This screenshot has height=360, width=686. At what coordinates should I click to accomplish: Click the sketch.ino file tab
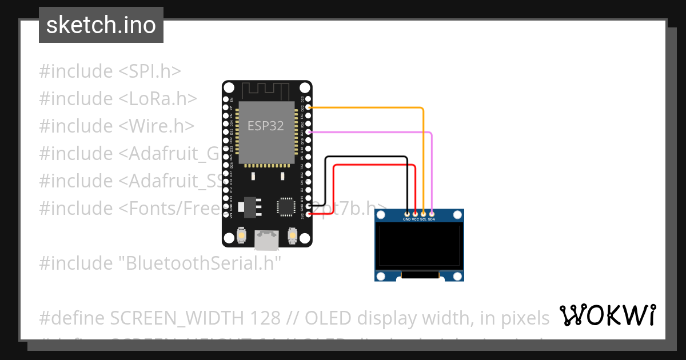tap(101, 25)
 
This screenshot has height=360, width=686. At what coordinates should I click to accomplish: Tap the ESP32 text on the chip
tap(265, 126)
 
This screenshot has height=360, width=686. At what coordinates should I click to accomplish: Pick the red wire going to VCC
tap(372, 165)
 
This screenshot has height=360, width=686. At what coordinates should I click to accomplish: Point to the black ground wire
tap(366, 157)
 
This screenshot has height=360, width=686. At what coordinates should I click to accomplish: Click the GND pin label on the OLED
tap(406, 219)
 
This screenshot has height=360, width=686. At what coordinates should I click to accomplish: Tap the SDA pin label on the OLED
tap(432, 219)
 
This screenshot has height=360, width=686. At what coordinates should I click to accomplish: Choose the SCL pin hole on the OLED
tap(423, 213)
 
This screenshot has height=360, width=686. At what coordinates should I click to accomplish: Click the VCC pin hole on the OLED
tap(415, 213)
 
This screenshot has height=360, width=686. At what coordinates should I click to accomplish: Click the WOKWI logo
tap(607, 315)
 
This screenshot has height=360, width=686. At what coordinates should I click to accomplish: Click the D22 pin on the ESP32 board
tap(309, 107)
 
